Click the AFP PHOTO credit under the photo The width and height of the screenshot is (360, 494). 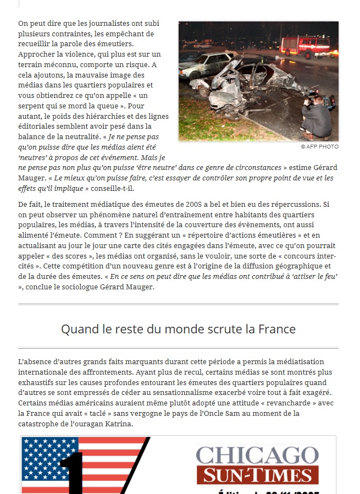click(x=320, y=147)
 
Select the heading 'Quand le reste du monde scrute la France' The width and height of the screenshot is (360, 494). click(x=178, y=329)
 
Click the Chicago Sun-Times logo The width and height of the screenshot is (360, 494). click(x=257, y=465)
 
